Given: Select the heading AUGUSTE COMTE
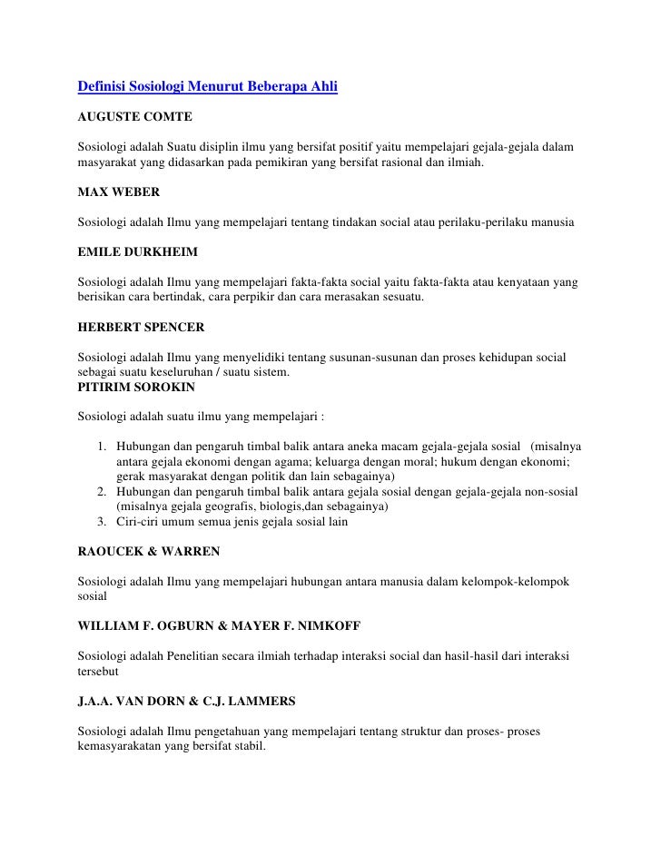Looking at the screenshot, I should tap(133, 118).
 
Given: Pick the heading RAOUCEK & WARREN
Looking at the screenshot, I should tap(149, 551).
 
